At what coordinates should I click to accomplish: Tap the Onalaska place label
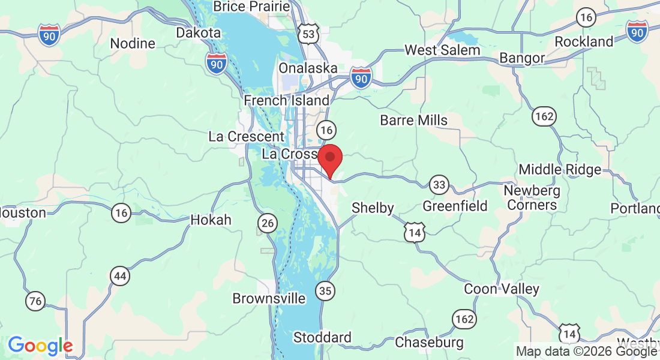pos(308,68)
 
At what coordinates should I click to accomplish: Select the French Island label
pos(287,100)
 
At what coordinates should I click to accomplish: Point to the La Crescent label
pos(246,136)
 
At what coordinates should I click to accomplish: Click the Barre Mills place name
pos(413,120)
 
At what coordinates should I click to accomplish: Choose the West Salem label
pos(442,50)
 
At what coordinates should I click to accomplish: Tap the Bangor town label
pos(522,58)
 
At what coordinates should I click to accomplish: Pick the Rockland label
pos(584,41)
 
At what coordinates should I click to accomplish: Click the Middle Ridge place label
pos(560,169)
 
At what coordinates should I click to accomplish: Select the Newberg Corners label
pos(532,198)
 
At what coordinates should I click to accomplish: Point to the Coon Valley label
pos(502,289)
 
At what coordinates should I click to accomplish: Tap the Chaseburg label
pos(429,343)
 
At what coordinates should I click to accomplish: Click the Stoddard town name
pos(322,338)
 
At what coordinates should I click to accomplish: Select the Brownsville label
pos(269,298)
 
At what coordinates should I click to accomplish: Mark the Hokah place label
pos(211,220)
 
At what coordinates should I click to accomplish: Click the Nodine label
pos(133,43)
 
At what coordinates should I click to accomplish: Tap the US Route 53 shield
pos(308,34)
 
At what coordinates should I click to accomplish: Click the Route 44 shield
pos(121,276)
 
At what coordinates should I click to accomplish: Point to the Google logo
pos(40,346)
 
